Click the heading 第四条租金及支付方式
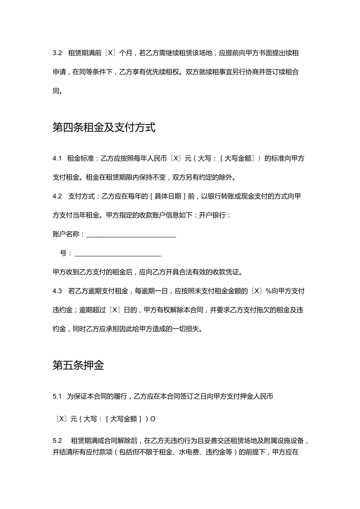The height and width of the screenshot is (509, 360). click(x=104, y=128)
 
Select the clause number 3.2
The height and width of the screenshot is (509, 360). click(x=57, y=53)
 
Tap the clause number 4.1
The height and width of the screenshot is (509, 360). click(x=57, y=158)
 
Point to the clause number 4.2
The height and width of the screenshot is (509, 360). click(x=57, y=196)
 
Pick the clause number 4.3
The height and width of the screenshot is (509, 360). click(x=57, y=291)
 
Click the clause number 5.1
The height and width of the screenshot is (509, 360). click(x=57, y=397)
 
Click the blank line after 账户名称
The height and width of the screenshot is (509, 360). click(x=131, y=236)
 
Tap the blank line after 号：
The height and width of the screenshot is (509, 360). click(x=117, y=255)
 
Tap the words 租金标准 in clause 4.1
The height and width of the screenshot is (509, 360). click(x=81, y=158)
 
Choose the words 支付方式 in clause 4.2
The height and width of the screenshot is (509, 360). click(x=81, y=196)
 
